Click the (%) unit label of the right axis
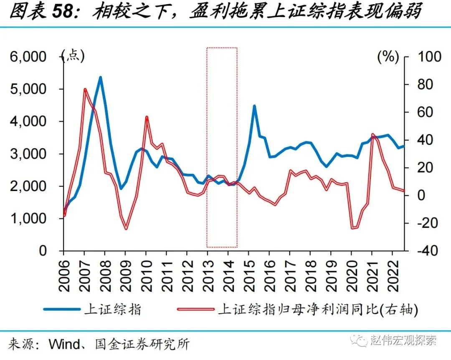coord(388,57)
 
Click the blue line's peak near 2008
coord(100,77)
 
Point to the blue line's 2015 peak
coord(254,106)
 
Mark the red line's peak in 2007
coord(85,89)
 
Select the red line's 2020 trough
coord(353,227)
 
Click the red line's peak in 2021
coord(372,135)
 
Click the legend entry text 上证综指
coord(112,309)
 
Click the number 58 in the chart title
coord(63,12)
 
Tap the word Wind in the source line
coord(64,344)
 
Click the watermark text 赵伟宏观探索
coord(403,340)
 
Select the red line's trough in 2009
coord(126,228)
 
